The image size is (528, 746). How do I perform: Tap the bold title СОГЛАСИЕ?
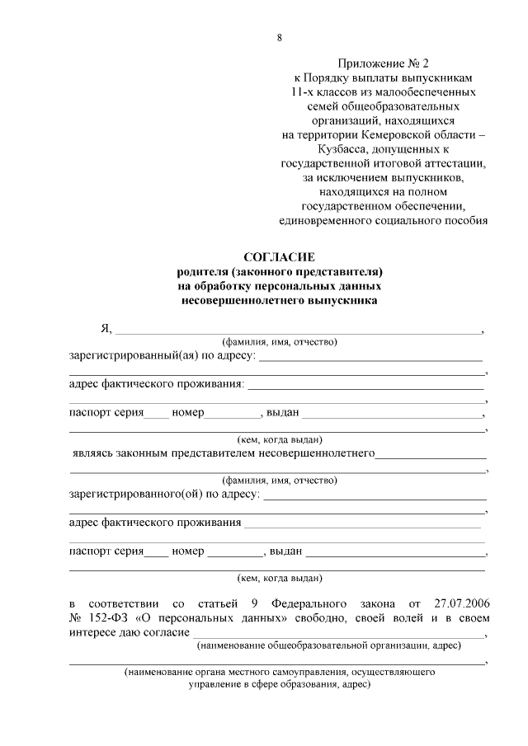(x=280, y=257)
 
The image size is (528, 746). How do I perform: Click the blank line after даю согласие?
(x=338, y=633)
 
